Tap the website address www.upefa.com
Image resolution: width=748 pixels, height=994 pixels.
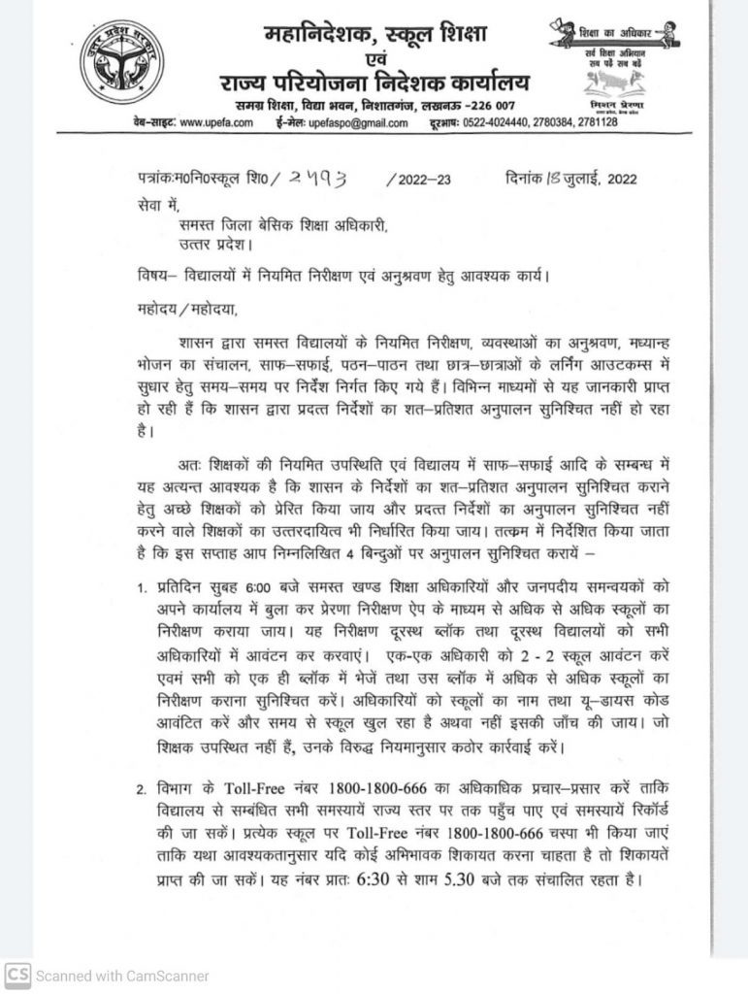point(214,122)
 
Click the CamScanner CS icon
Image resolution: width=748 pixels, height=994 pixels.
point(17,976)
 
